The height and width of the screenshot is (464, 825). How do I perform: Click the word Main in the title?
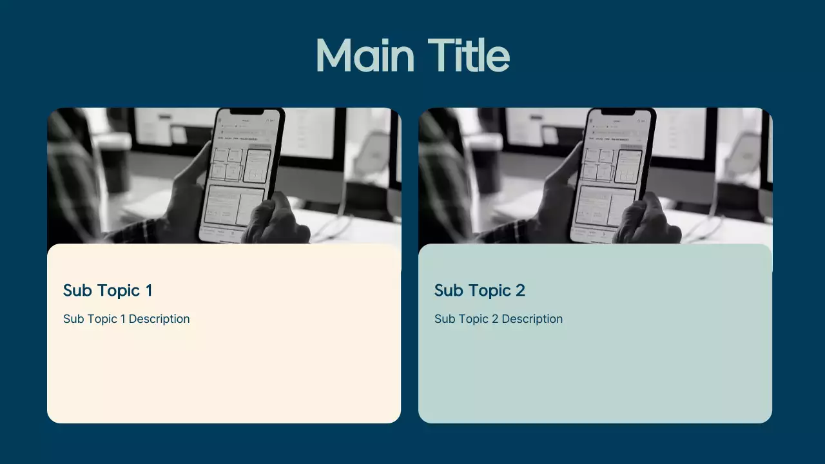click(x=365, y=55)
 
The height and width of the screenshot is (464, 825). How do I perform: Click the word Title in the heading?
click(x=469, y=55)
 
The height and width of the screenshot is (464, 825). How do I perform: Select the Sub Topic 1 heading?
click(x=108, y=291)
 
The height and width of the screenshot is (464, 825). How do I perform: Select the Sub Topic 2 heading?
click(x=480, y=291)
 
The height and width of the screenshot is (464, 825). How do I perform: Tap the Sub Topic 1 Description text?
click(x=126, y=319)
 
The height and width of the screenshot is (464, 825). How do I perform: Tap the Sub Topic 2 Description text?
click(x=498, y=319)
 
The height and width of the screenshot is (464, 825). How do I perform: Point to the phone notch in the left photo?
click(x=247, y=112)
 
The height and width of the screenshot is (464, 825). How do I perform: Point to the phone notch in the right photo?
click(x=619, y=112)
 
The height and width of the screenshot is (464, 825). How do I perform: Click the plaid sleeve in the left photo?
click(x=71, y=174)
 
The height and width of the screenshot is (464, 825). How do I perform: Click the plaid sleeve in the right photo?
click(x=442, y=174)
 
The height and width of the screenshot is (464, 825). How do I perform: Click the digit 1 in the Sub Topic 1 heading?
click(x=149, y=291)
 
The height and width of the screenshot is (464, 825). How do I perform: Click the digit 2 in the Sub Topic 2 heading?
click(x=520, y=291)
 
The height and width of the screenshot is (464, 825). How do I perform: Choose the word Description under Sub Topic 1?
click(x=159, y=319)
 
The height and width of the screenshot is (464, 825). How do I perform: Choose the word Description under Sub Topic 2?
click(x=532, y=319)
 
